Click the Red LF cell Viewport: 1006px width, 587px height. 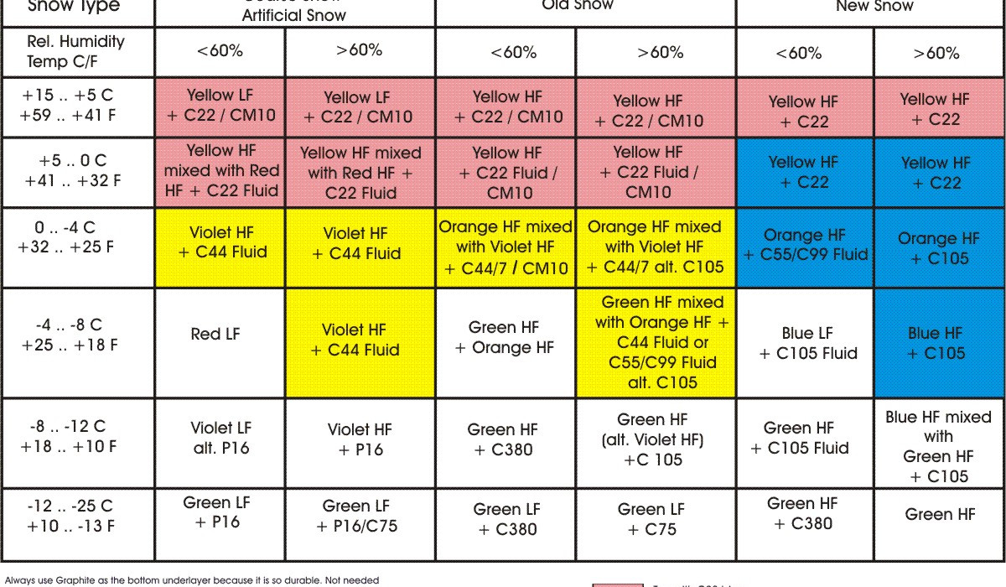click(215, 335)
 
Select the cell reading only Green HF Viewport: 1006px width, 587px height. click(940, 515)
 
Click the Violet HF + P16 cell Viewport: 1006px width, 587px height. click(360, 439)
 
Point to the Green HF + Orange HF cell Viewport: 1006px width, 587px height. click(505, 337)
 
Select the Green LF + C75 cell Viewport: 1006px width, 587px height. click(651, 519)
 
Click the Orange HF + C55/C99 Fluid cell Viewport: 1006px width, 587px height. click(803, 245)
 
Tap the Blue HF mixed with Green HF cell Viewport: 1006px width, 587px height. click(938, 446)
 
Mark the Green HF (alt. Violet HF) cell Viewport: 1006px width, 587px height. click(652, 439)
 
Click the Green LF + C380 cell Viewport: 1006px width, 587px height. click(505, 519)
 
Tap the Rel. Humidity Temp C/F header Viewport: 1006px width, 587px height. click(75, 51)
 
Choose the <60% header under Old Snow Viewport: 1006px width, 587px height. click(505, 52)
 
